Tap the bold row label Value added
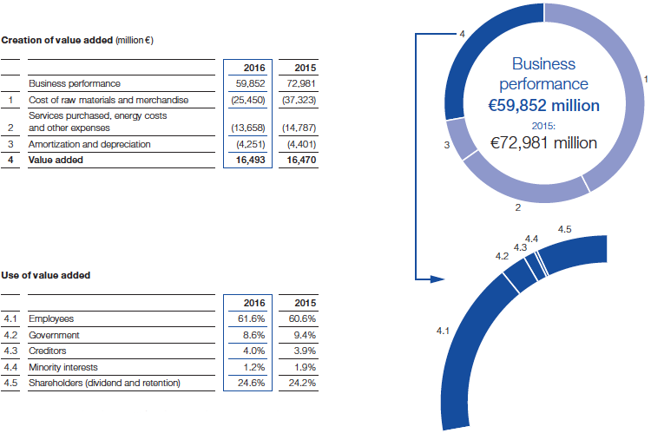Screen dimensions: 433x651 coord(53,160)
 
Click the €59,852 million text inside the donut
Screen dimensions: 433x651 coord(543,106)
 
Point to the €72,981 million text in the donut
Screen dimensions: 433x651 coord(543,142)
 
